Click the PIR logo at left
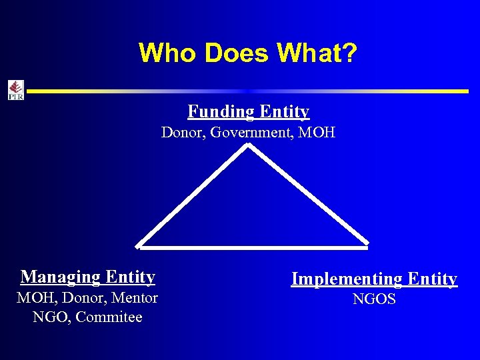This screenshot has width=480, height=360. click(15, 90)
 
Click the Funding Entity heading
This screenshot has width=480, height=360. click(248, 111)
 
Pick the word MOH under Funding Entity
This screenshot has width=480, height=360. click(317, 133)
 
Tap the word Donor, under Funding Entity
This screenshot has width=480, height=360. click(183, 133)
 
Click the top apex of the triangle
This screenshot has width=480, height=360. click(248, 146)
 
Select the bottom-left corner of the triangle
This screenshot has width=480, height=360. click(137, 247)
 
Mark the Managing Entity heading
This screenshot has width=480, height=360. click(88, 277)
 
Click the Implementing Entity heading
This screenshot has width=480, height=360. click(374, 279)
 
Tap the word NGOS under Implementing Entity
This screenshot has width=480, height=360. click(374, 299)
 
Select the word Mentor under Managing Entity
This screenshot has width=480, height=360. click(135, 297)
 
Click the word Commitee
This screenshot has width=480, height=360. click(109, 317)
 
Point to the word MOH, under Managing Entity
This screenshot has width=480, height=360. click(37, 297)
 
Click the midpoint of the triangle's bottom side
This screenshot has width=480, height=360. click(252, 247)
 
